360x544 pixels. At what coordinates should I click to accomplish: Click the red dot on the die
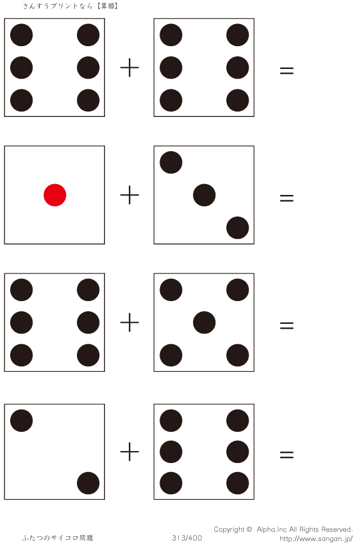point(55,195)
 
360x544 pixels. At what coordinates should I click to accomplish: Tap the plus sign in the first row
point(130,68)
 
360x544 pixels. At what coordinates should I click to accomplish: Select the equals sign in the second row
point(287,197)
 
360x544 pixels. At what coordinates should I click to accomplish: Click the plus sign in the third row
point(130,323)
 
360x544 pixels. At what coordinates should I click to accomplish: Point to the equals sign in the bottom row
point(287,455)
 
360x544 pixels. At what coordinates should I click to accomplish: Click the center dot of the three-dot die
point(204,195)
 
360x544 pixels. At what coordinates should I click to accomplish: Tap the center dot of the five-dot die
point(204,323)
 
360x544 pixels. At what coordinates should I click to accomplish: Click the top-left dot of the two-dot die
point(22,420)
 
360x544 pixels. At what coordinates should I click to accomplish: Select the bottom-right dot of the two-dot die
point(88,483)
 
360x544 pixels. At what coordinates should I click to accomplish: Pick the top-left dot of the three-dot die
point(171,163)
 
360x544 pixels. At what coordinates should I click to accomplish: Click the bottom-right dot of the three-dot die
point(238,228)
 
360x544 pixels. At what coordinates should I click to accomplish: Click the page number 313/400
point(187,538)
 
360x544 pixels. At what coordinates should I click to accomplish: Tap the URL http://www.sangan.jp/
point(316,539)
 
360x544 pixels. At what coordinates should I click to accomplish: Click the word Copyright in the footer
point(229,530)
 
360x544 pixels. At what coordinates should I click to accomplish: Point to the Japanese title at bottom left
point(58,538)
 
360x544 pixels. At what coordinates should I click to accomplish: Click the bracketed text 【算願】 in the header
point(106,6)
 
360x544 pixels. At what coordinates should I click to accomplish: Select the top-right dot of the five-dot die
point(238,290)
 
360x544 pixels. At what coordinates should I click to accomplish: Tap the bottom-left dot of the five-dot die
point(171,355)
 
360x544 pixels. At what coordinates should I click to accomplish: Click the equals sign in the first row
point(287,70)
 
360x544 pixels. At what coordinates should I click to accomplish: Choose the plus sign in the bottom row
point(130,452)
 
